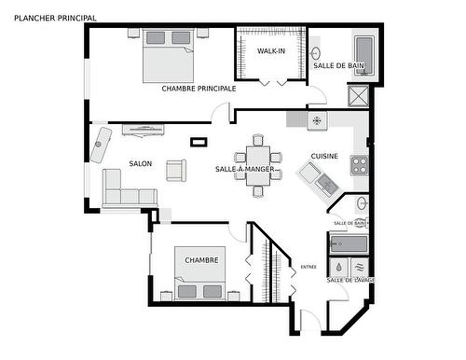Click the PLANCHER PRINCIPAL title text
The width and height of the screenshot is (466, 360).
[x=48, y=17]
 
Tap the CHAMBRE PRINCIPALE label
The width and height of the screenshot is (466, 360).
[x=199, y=89]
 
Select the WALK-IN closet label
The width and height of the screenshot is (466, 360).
[x=270, y=50]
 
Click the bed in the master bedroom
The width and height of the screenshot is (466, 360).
[x=167, y=58]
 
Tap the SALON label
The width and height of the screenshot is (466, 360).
[x=141, y=163]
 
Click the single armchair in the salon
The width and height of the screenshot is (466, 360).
[x=175, y=171]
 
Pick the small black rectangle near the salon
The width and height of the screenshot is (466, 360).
[x=197, y=142]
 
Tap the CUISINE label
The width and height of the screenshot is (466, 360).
[x=324, y=157]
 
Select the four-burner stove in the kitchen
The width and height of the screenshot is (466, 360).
[x=359, y=166]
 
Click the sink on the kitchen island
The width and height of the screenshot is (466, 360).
[x=326, y=185]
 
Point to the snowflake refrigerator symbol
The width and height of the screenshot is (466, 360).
[x=316, y=120]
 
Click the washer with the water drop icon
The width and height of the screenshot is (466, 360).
[x=338, y=265]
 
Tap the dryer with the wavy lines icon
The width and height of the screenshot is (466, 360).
[x=360, y=265]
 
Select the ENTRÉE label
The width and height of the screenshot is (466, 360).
[x=308, y=267]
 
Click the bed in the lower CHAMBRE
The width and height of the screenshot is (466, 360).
[x=199, y=282]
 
